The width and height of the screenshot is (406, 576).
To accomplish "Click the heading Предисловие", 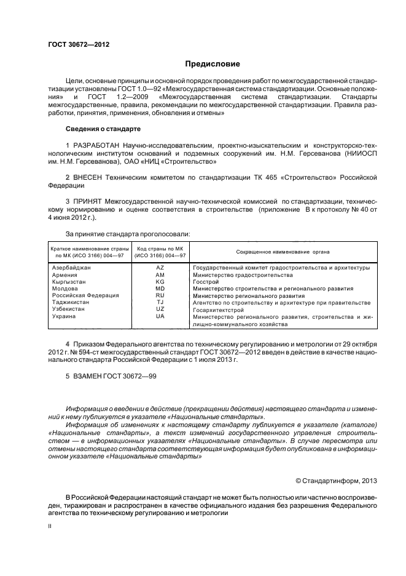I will point(213,64).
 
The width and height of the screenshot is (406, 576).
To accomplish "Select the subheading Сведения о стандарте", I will point(103,129).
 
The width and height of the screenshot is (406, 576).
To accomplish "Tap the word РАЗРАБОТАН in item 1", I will point(95,144).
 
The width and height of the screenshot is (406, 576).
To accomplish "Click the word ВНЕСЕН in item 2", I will point(89,177).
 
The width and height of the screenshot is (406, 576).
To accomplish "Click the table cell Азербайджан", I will point(72,268).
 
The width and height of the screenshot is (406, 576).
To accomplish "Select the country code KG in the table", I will point(160,282).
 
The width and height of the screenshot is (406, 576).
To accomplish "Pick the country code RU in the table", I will point(160,295).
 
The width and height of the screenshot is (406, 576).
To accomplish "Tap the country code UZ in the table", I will point(160,309).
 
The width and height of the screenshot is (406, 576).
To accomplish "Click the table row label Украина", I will point(64,316).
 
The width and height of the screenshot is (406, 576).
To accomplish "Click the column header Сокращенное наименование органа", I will point(283,252).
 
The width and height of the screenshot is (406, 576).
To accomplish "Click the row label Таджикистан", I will point(71,302).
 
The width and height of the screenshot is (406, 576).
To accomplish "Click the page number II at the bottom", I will point(51,527).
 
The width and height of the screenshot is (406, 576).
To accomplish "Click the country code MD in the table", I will point(160,289).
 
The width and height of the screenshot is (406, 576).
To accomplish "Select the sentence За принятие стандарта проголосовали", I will point(127,234).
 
